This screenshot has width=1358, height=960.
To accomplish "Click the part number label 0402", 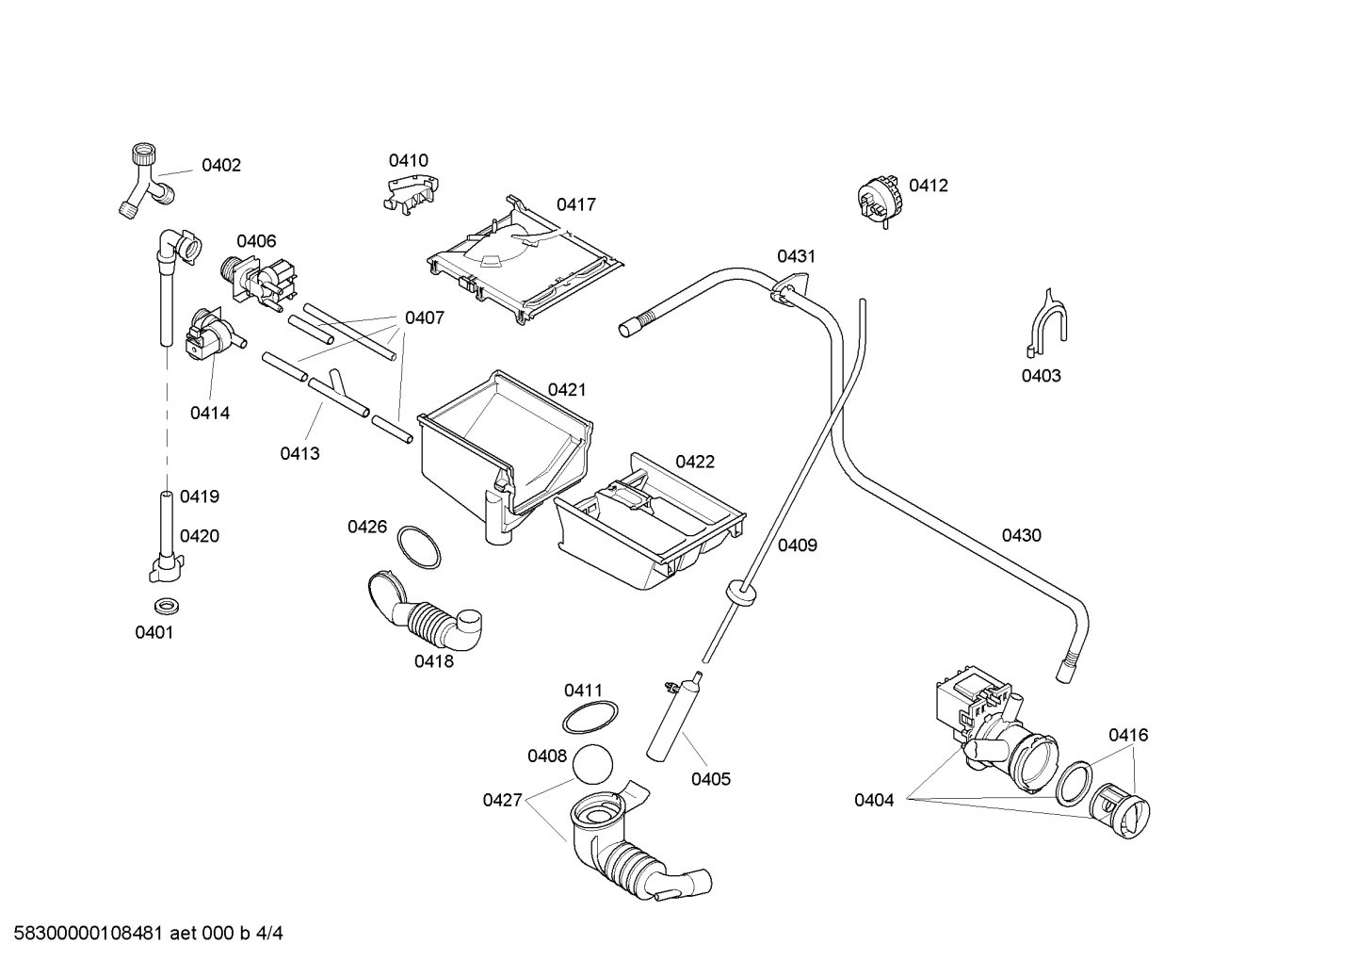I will [221, 166].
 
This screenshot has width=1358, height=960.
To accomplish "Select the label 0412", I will [928, 186].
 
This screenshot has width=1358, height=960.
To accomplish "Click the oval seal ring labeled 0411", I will [590, 718].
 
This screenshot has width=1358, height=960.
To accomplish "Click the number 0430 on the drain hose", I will [1021, 535].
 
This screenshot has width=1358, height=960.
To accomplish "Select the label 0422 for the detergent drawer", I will [694, 462].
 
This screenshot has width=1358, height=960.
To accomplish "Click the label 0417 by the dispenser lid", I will [575, 204].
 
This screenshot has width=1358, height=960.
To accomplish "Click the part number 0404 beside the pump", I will [874, 800].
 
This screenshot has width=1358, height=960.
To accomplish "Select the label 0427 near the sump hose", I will [502, 800].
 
